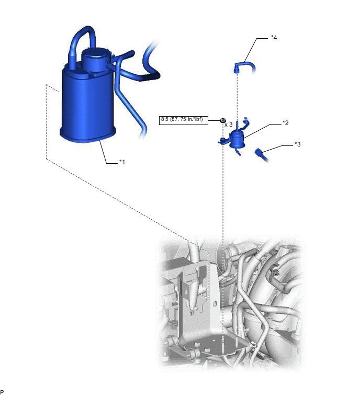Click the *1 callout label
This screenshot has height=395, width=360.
coord(122,162)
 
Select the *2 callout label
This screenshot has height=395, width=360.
coord(285,122)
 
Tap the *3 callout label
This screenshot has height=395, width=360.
coord(298,144)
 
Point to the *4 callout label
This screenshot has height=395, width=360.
coord(274,37)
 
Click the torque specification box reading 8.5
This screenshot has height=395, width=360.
coord(184,120)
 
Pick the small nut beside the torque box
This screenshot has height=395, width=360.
coord(222,120)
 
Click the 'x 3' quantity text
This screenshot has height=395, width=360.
coord(229,125)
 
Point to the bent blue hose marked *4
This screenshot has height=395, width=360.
coord(244,67)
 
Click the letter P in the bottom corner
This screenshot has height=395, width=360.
coord(2,392)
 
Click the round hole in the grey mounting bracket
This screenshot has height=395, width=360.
coord(215,303)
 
